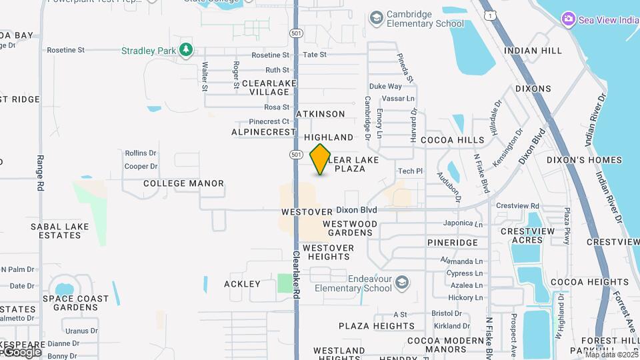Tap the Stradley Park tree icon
pos(186,50)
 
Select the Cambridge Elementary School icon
pos(377,17)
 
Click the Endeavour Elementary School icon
pos(402,283)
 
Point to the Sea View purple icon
pos(568,19)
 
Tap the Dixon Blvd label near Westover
pos(357,210)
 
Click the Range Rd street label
pos(40,173)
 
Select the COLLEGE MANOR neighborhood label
pos(183,183)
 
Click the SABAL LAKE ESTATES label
pos(59,231)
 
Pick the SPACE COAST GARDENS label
pos(75,303)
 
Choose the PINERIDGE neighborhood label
pos(453,243)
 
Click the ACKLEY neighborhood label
pos(242,284)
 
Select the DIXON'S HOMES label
pos(584,160)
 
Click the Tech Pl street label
pos(410,171)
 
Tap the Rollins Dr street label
pos(140,153)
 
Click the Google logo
pos(23,351)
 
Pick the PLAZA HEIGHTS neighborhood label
pos(376,326)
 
